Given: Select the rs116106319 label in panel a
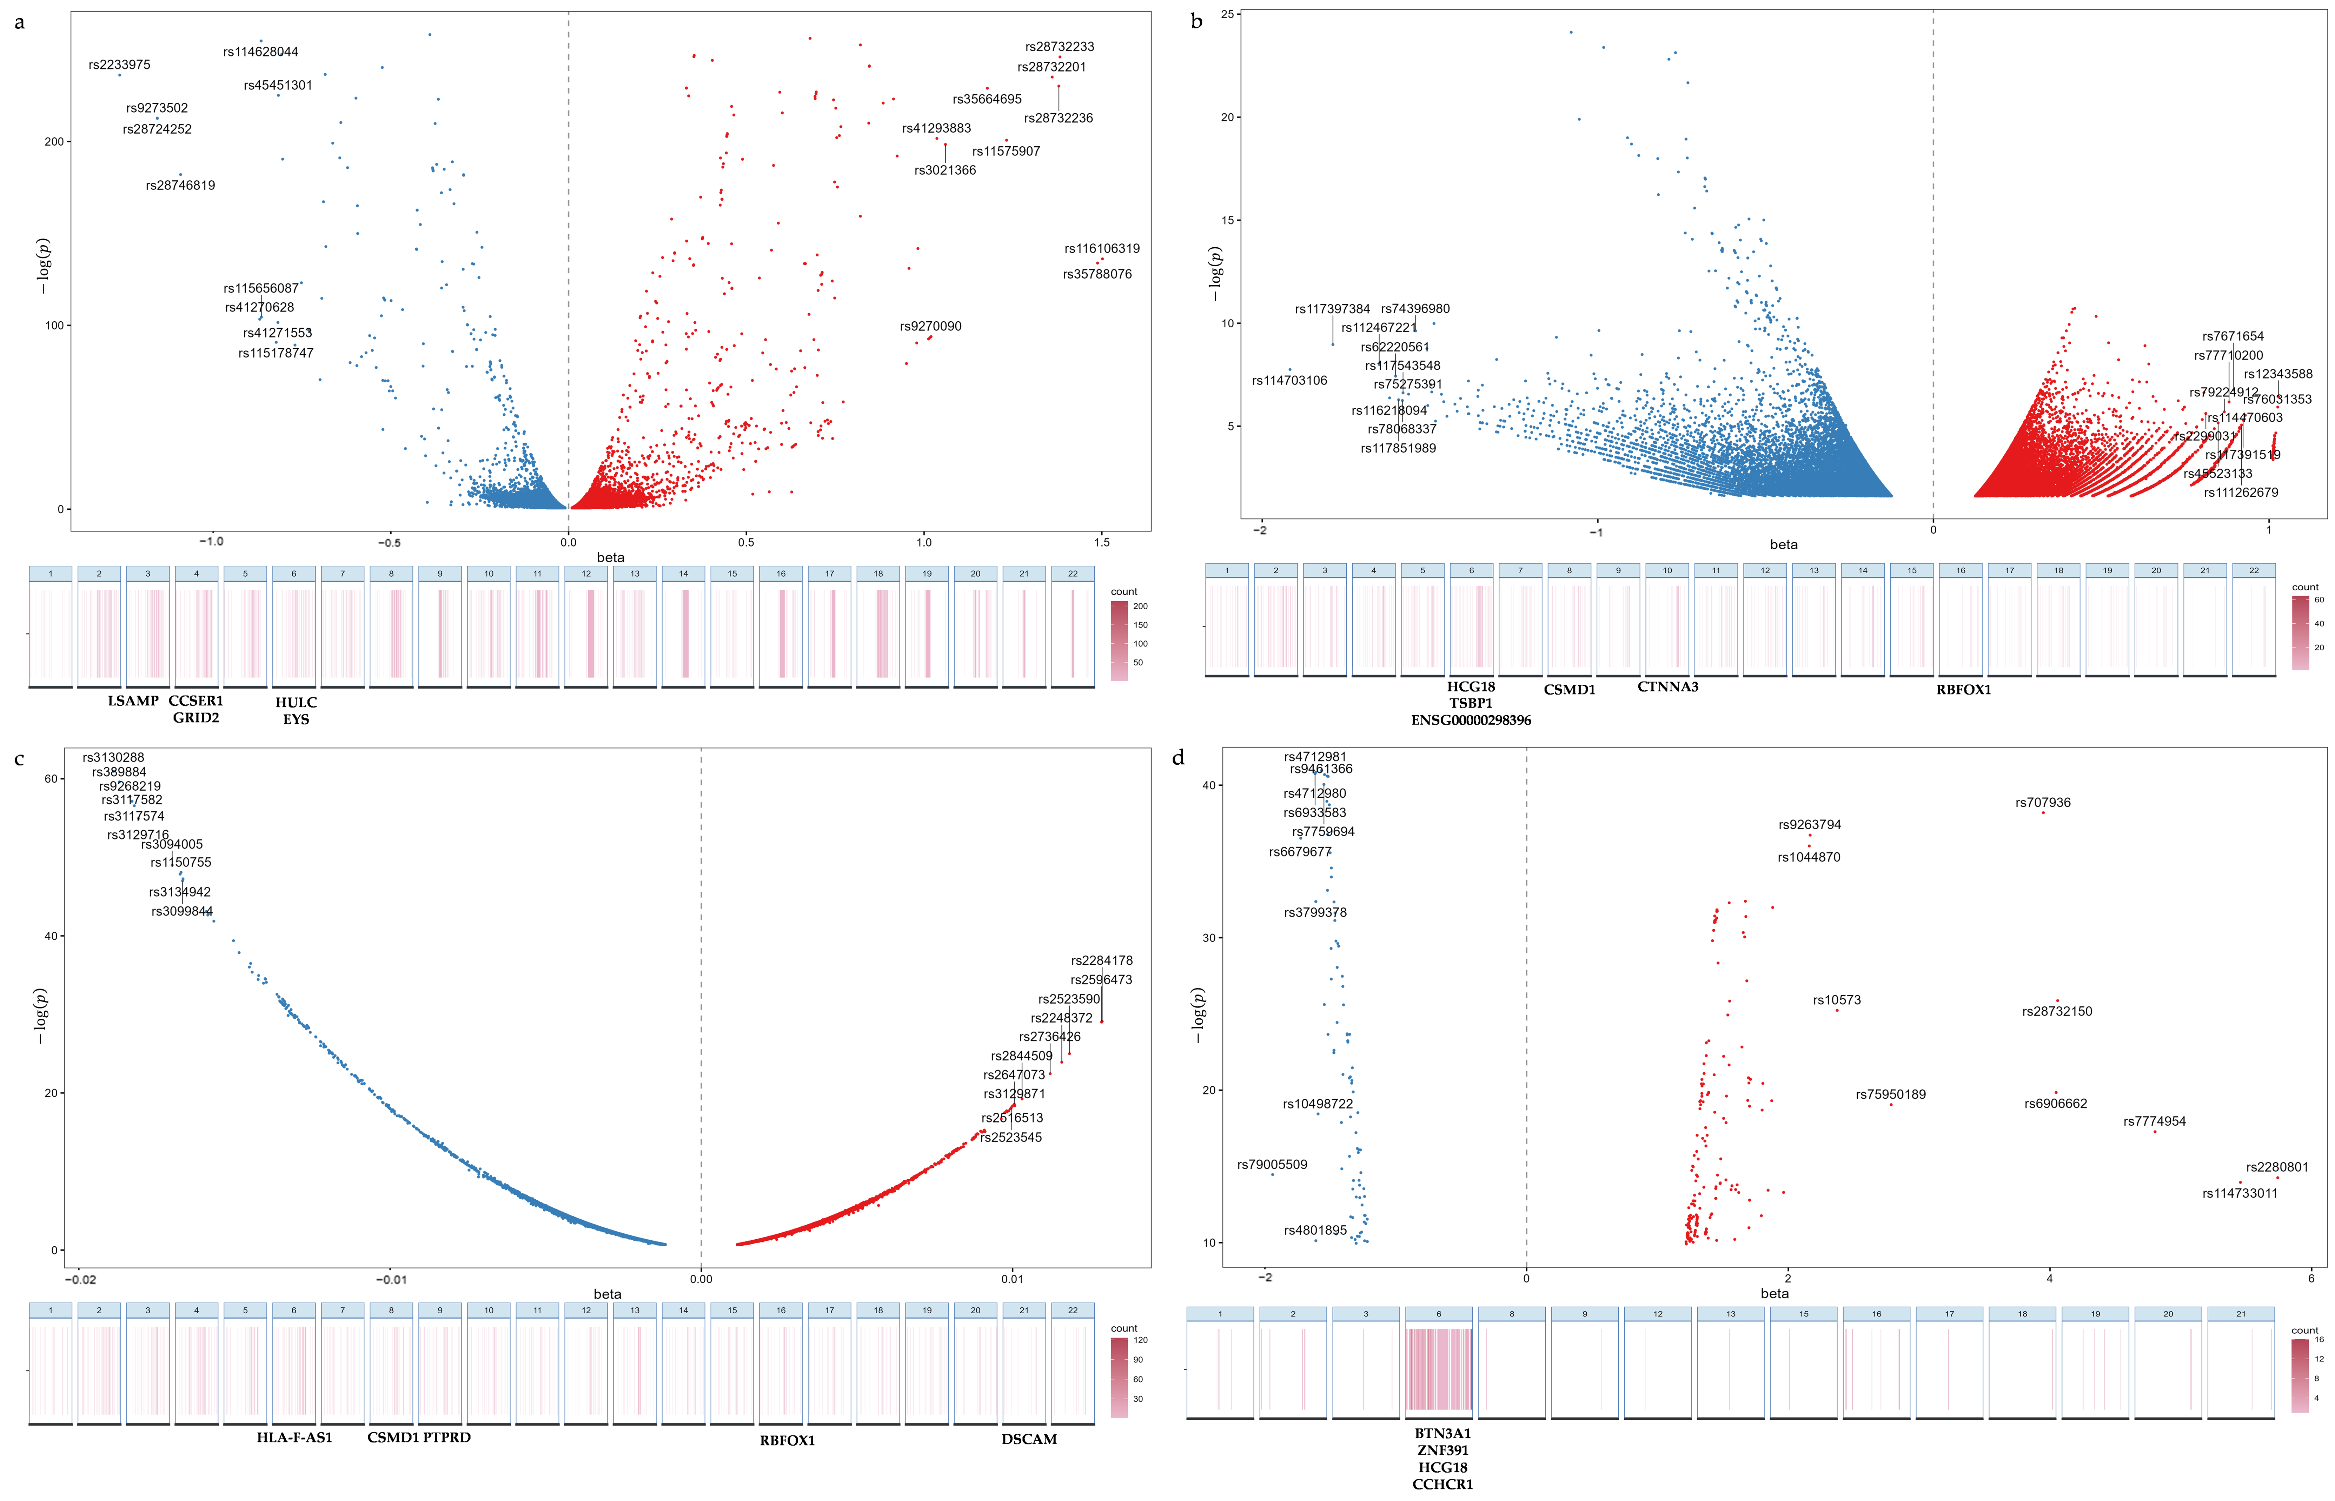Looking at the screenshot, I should [x=1102, y=249].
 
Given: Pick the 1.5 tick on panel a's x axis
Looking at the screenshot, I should [x=1102, y=542].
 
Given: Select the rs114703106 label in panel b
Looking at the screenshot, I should [x=1289, y=380].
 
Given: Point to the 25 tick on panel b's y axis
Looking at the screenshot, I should [x=1227, y=15].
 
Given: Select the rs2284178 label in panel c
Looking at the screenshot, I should [x=1102, y=960].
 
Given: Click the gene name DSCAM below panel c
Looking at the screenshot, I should [x=1029, y=1439].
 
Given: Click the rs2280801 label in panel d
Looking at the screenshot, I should [x=2276, y=1167].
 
